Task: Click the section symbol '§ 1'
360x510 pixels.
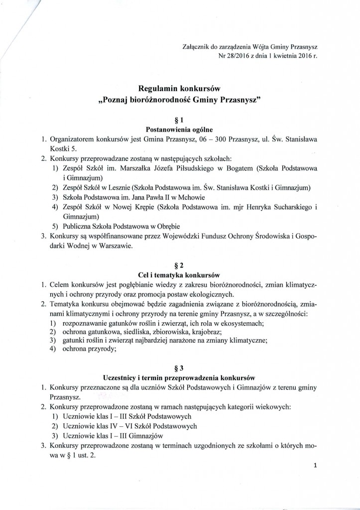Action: coord(180,120)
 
